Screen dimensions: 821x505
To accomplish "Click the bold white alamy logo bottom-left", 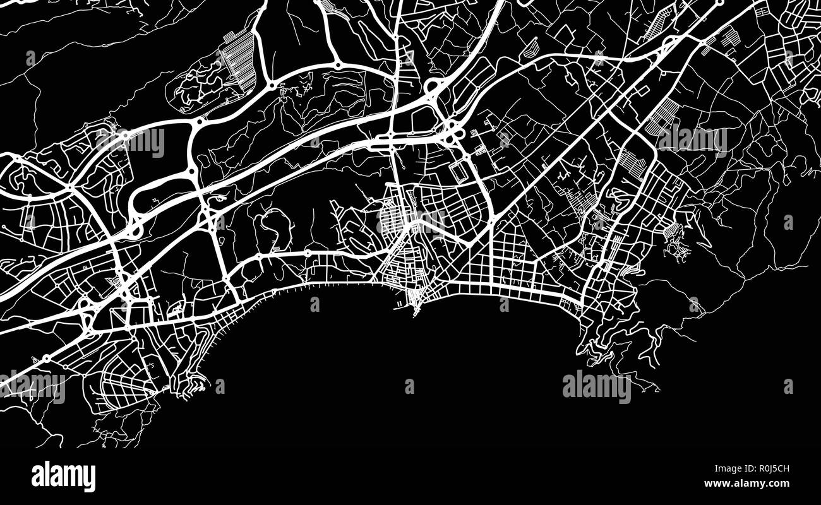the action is coord(63,476).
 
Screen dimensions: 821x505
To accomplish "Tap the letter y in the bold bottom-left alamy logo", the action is coord(90,478).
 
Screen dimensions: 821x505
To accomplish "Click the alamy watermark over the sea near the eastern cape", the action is coord(596,386).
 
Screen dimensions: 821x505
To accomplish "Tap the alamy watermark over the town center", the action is coord(410,221).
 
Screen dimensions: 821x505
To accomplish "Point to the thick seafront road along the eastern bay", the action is coord(524,292).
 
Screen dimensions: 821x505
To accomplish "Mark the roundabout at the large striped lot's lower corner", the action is coord(271,85).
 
